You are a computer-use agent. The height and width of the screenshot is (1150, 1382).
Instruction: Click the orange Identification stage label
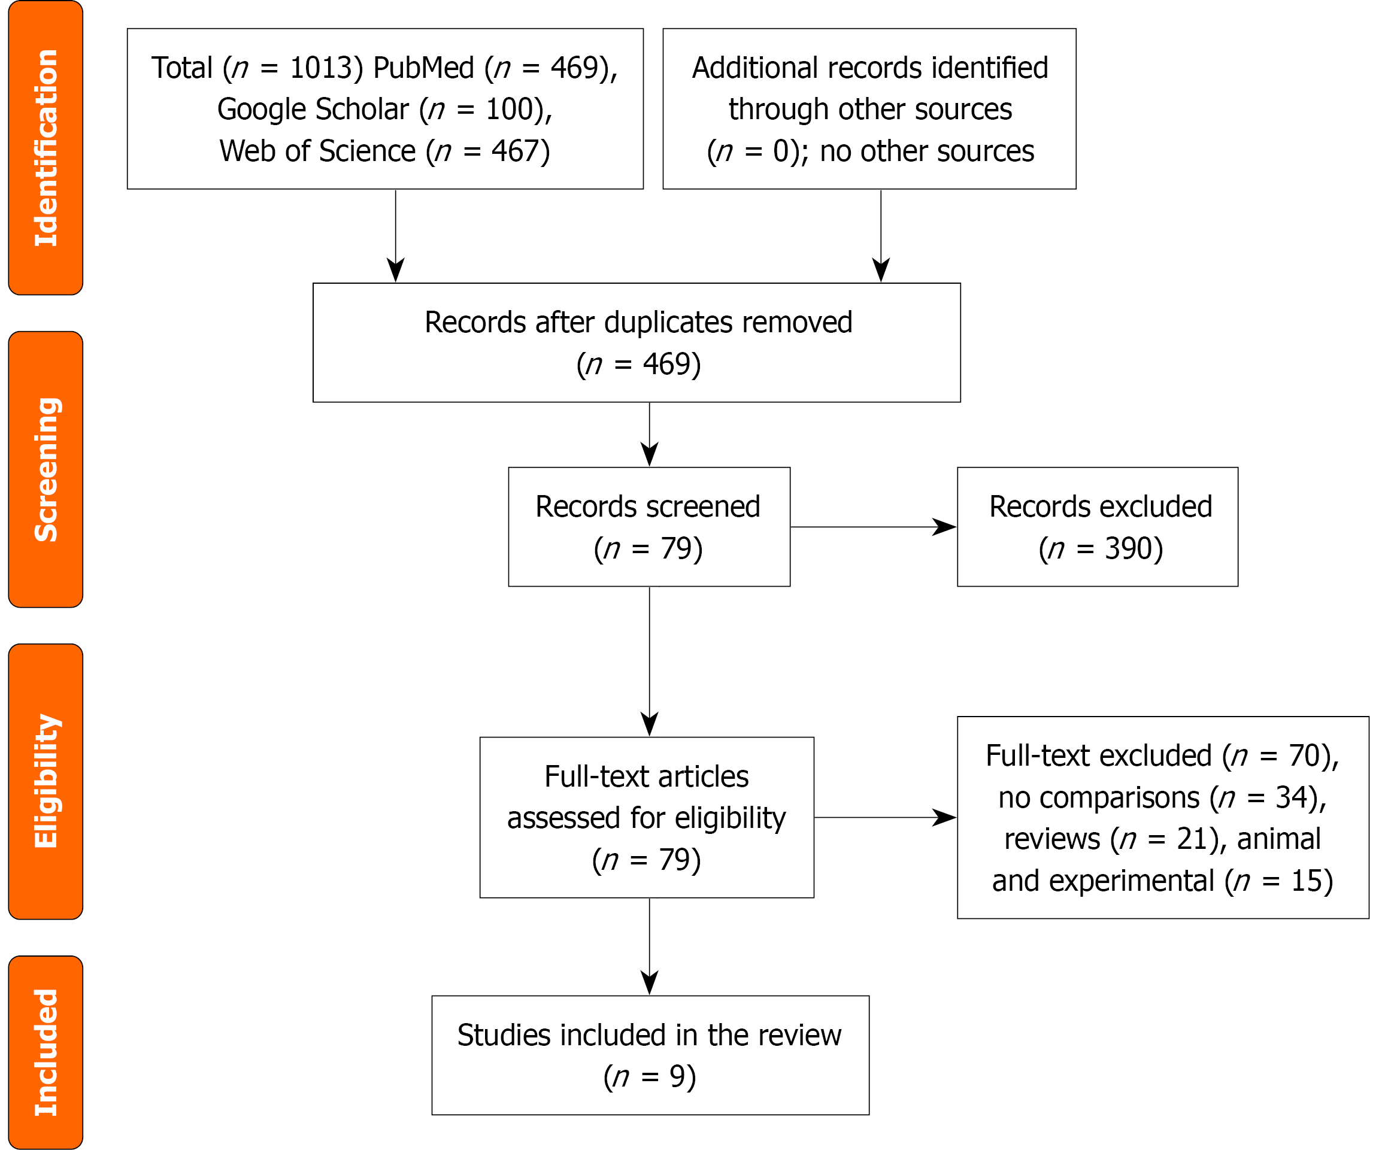46,148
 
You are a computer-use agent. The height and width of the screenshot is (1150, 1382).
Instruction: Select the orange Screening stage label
46,470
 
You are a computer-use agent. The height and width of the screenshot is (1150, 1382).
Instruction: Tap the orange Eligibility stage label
46,782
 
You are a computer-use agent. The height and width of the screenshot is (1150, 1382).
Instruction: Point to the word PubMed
424,68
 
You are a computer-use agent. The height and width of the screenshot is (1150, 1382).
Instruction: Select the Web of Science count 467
514,151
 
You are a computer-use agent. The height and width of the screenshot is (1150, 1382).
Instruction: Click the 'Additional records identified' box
869,108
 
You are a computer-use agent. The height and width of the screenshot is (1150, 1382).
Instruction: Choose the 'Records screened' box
649,526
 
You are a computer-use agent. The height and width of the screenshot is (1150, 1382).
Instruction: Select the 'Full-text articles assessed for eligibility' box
647,817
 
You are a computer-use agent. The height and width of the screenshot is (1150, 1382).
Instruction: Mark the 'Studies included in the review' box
650,1055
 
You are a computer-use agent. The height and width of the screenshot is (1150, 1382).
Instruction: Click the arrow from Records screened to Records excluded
873,527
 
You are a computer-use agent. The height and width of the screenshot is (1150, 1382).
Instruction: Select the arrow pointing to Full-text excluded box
885,818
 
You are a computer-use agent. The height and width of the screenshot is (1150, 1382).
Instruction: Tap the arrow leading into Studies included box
650,946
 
